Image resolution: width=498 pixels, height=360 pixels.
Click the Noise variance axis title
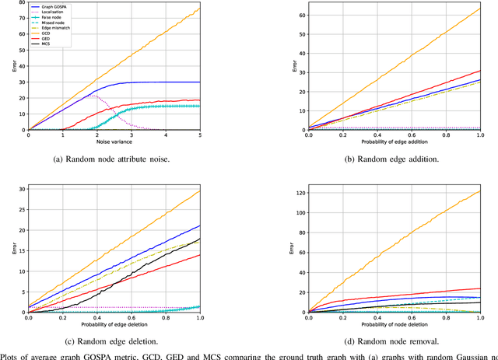(x=114, y=142)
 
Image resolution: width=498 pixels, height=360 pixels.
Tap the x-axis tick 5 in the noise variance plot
(x=200, y=135)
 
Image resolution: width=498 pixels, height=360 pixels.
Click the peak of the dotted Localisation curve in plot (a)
(x=93, y=95)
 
